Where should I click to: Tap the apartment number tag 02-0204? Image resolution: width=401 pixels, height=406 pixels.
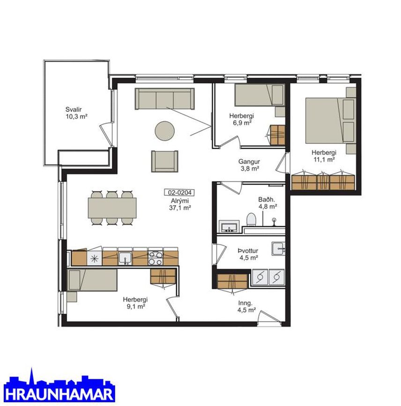pos(179,192)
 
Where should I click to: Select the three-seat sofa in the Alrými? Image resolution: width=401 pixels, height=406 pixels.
pos(164,99)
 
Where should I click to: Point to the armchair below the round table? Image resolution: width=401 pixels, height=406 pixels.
pos(165,161)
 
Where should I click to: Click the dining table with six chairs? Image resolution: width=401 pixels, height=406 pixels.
pos(112,208)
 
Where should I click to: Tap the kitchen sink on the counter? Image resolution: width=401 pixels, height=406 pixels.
pos(126,258)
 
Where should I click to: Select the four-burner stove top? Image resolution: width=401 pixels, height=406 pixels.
pos(156,258)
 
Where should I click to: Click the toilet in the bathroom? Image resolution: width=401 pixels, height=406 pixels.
pos(251,220)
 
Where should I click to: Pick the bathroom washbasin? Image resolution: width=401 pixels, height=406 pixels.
pos(229,226)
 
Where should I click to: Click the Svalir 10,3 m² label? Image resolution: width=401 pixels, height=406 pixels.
pos(76,113)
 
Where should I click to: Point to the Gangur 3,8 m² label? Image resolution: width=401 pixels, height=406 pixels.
pos(249,165)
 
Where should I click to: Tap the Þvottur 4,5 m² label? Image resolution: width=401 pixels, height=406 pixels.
pos(248,254)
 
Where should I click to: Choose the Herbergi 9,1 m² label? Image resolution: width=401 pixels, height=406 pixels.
pos(135,303)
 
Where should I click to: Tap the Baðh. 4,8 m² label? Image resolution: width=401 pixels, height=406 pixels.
pos(267,203)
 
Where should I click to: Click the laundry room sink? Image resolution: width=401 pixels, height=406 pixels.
pos(278,249)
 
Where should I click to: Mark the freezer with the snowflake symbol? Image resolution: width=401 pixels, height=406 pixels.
pos(94,258)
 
